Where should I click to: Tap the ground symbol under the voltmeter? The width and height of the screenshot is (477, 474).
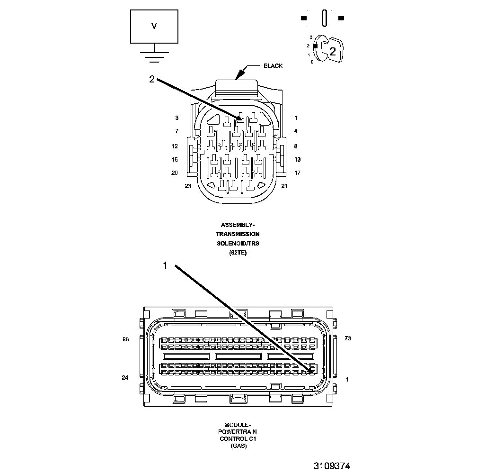[153, 55]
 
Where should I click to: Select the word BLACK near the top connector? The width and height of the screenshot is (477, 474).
[273, 66]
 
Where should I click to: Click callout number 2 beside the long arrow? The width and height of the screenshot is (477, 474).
[151, 80]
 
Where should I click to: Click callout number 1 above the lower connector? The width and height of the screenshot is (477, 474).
[165, 266]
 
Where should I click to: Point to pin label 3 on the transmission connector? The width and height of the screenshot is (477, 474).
[177, 118]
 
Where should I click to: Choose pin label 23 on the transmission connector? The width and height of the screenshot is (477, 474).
[188, 186]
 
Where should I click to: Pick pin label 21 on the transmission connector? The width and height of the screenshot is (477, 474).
[284, 186]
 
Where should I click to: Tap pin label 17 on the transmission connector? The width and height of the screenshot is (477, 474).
[297, 173]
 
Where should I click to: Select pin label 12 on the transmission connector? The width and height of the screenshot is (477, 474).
[175, 146]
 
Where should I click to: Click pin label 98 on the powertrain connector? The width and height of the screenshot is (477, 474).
[125, 339]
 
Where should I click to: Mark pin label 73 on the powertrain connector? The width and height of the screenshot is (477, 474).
[348, 339]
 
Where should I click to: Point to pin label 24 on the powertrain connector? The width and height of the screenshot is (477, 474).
[125, 378]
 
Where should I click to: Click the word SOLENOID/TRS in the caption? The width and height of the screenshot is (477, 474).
[238, 243]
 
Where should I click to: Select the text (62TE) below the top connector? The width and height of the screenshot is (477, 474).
[238, 253]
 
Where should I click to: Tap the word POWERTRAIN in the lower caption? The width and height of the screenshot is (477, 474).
[238, 432]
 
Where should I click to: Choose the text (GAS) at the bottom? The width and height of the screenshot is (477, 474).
[238, 446]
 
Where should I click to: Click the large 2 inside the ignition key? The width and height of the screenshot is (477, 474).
[333, 52]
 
